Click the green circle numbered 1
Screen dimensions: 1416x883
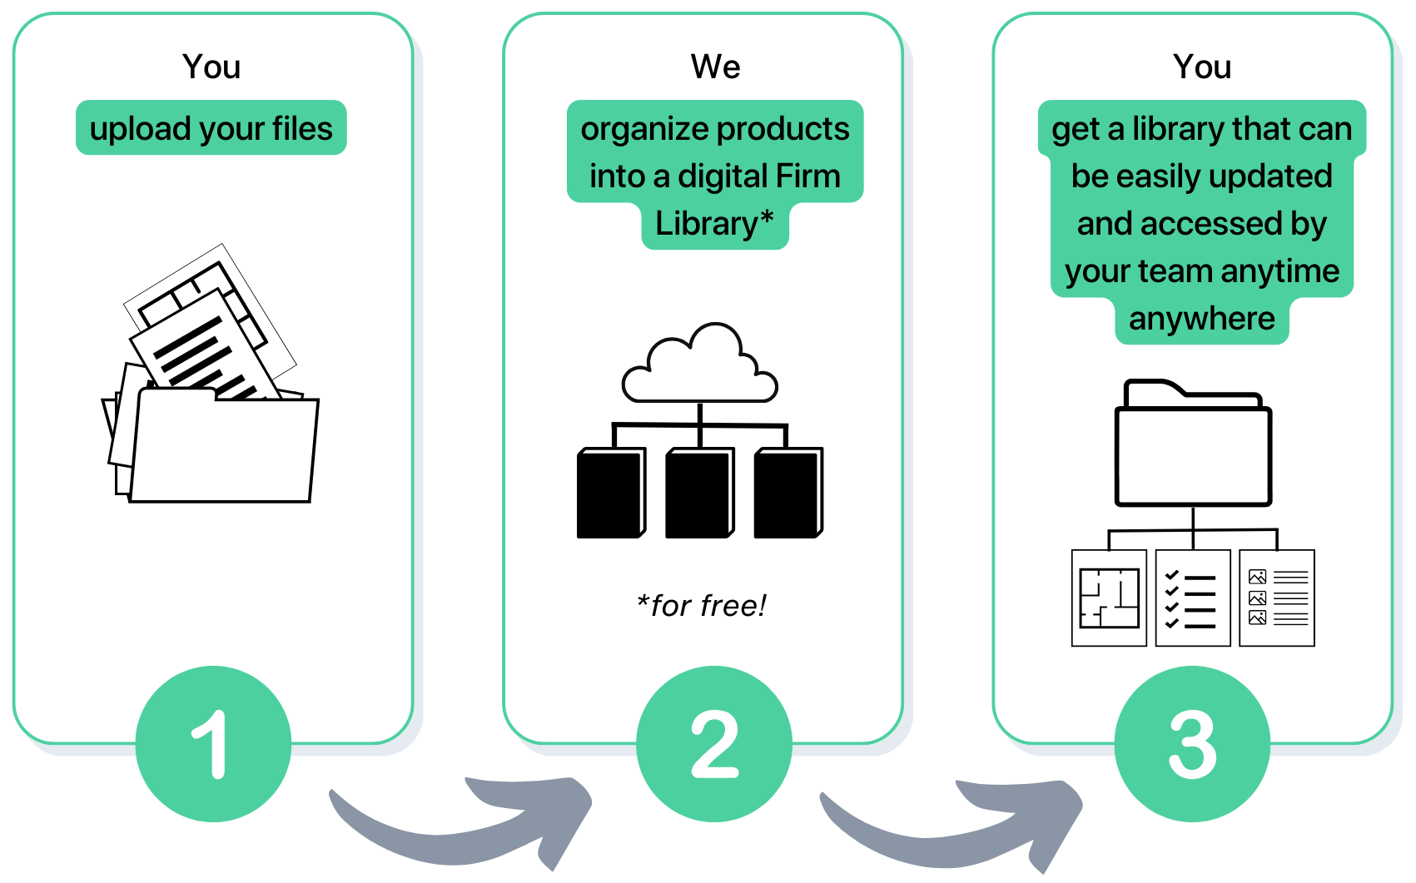[213, 744]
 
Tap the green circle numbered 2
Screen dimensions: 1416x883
[713, 744]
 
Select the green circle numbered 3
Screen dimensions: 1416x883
[1192, 744]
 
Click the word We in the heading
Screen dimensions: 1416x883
[715, 67]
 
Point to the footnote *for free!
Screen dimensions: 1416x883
[702, 606]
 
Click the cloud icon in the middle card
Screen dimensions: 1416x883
[700, 363]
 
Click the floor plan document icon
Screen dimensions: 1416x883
[1109, 598]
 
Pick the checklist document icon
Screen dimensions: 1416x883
[1193, 598]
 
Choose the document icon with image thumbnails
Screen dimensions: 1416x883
[1277, 598]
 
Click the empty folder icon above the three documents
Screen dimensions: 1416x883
[1194, 443]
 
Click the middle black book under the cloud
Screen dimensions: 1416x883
[700, 493]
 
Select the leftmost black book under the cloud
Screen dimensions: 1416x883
[611, 493]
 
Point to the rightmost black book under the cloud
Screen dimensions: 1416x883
[788, 493]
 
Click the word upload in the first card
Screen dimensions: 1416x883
[141, 130]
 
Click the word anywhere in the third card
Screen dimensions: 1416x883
[1202, 319]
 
